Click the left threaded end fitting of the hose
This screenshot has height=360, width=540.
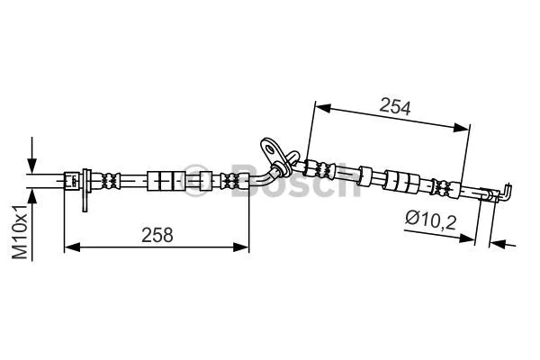[70, 180]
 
